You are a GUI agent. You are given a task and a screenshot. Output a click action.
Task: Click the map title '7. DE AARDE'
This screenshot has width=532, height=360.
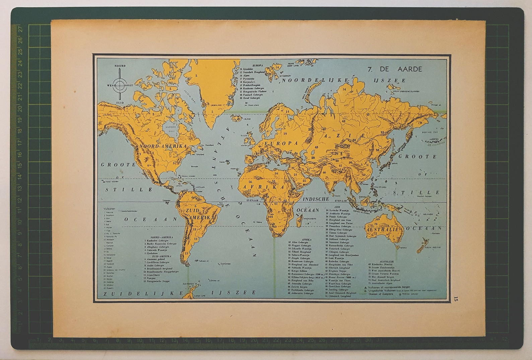coord(395,69)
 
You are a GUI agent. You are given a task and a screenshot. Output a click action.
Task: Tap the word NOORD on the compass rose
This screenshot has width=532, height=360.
coord(120,66)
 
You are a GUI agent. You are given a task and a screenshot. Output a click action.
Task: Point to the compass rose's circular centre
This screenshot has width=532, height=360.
coord(120,85)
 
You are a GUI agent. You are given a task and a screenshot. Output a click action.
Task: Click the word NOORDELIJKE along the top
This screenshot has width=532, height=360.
coord(315,80)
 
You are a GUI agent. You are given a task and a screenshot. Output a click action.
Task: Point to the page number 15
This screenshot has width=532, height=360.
coord(455,299)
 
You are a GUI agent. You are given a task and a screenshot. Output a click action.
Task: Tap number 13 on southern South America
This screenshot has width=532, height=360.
coord(186,254)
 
